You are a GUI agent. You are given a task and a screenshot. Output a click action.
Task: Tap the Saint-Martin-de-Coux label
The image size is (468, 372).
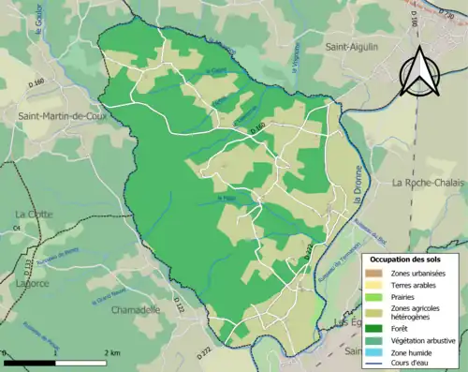pos(61,115)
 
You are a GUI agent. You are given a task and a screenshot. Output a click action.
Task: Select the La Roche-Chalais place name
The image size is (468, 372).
pos(429,182)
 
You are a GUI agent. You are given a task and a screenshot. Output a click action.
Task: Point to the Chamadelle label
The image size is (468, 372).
pos(136,309)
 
